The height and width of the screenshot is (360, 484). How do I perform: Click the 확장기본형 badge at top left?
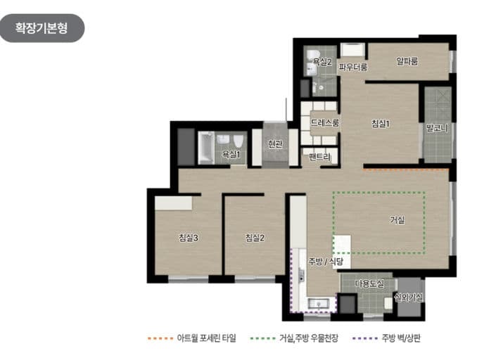click(42, 28)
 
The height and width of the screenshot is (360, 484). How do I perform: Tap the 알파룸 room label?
click(407, 61)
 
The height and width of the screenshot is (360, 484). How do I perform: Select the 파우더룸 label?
click(352, 68)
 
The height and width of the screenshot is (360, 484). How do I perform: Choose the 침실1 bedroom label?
click(381, 124)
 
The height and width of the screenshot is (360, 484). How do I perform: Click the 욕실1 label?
click(231, 153)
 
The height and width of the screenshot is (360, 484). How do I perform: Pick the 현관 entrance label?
click(275, 144)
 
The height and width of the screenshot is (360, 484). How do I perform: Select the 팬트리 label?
click(319, 157)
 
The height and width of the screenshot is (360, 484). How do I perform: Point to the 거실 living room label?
click(397, 220)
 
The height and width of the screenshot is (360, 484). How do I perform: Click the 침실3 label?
click(189, 238)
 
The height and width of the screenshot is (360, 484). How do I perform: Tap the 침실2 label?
click(255, 238)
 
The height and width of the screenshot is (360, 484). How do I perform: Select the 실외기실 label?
click(409, 298)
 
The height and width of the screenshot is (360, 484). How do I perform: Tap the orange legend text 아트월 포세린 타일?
click(207, 338)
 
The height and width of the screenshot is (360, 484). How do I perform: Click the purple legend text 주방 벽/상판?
click(401, 338)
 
